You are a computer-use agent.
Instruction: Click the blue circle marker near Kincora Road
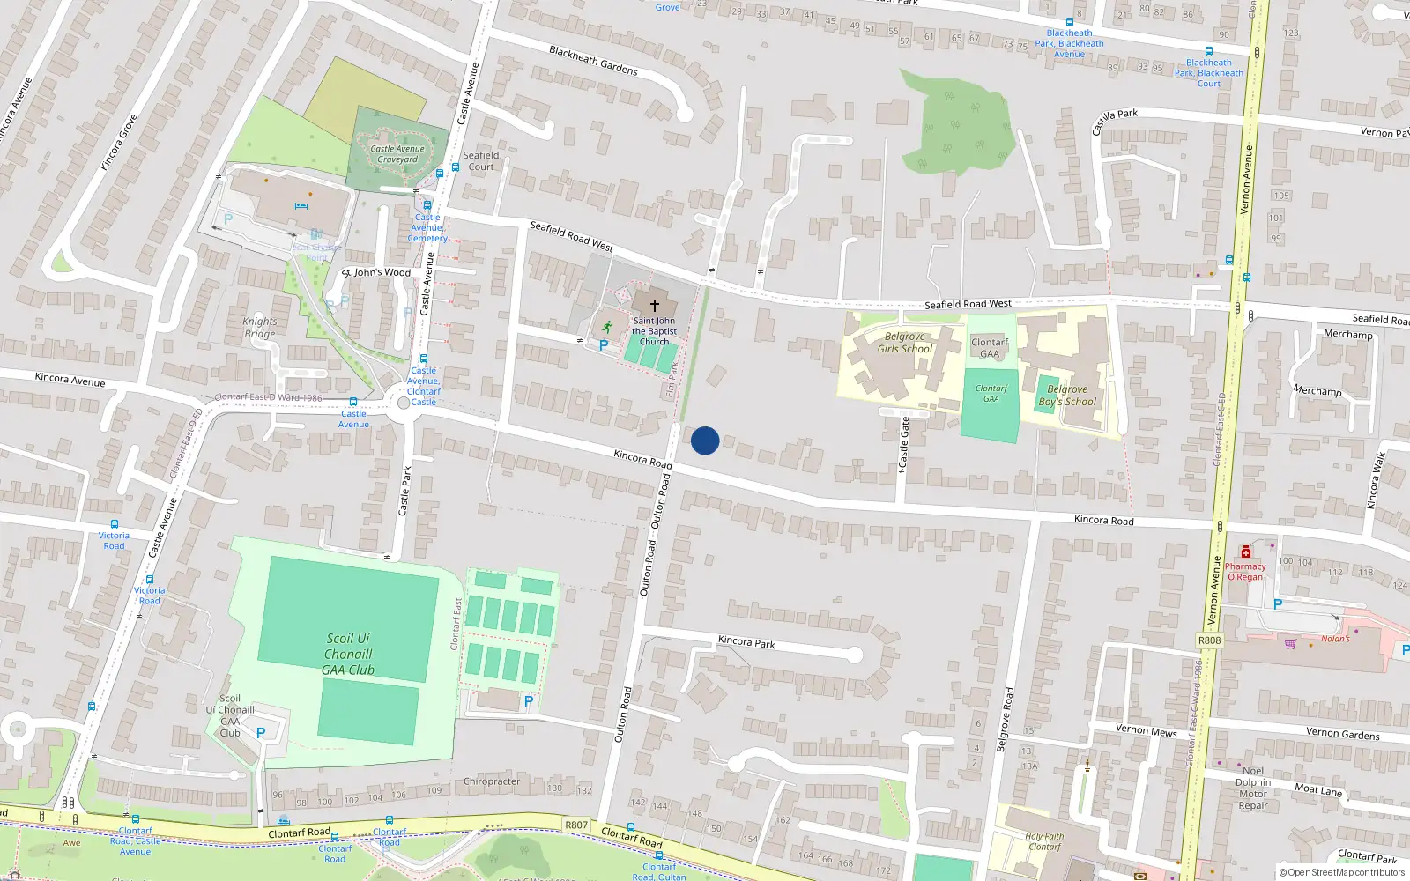point(705,440)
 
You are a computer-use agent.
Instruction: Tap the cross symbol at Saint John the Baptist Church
point(654,305)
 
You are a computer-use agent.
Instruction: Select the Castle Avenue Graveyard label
point(397,154)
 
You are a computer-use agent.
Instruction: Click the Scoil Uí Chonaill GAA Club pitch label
point(348,654)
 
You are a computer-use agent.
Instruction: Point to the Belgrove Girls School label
point(905,343)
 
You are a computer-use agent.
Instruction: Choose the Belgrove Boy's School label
point(1067,396)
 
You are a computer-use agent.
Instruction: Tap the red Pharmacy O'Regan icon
point(1245,552)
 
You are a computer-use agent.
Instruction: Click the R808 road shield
point(1210,640)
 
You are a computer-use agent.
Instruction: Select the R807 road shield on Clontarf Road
point(576,825)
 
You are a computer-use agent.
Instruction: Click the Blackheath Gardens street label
point(593,60)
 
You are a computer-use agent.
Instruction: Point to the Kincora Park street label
point(746,642)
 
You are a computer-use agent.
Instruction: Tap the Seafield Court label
point(481,161)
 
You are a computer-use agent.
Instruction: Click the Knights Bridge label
point(260,328)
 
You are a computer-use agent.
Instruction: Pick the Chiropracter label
point(492,781)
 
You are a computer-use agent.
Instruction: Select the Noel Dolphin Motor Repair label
point(1253,788)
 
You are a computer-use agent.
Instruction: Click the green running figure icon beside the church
point(607,327)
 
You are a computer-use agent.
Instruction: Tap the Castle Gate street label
point(903,442)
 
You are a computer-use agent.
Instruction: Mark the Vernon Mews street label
point(1146,730)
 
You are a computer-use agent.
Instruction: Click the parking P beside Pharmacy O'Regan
point(1278,604)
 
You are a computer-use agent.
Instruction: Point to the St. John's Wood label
point(377,272)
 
